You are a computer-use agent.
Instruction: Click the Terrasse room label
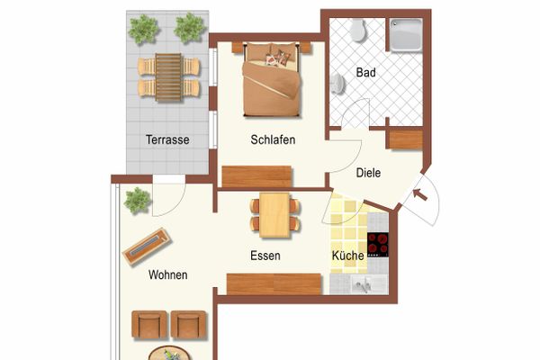pos(167,139)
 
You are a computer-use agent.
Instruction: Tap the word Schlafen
pos(273,139)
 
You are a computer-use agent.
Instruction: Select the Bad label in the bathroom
pos(365,72)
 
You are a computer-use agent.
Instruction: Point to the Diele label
pos(368,173)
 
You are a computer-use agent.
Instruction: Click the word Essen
pos(265,256)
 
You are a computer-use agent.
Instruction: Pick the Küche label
pos(347,256)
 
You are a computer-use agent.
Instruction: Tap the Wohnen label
pos(168,274)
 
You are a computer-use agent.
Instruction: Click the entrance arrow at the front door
pos(420,194)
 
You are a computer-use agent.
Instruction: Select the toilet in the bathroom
pos(358,31)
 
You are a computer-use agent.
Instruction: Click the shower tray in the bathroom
pos(407,35)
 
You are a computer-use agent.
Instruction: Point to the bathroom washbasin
pos(337,84)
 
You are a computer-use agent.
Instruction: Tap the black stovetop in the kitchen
pos(378,245)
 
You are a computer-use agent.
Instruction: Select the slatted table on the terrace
pos(168,77)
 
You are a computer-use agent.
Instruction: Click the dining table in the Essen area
pos(274,215)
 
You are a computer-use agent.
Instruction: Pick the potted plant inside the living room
pos(138,201)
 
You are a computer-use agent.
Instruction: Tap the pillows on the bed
pos(277,58)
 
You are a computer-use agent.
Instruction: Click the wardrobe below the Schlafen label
pos(256,176)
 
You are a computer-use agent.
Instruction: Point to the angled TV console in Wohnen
pos(147,247)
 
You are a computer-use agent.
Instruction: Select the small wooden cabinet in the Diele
pos(406,139)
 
